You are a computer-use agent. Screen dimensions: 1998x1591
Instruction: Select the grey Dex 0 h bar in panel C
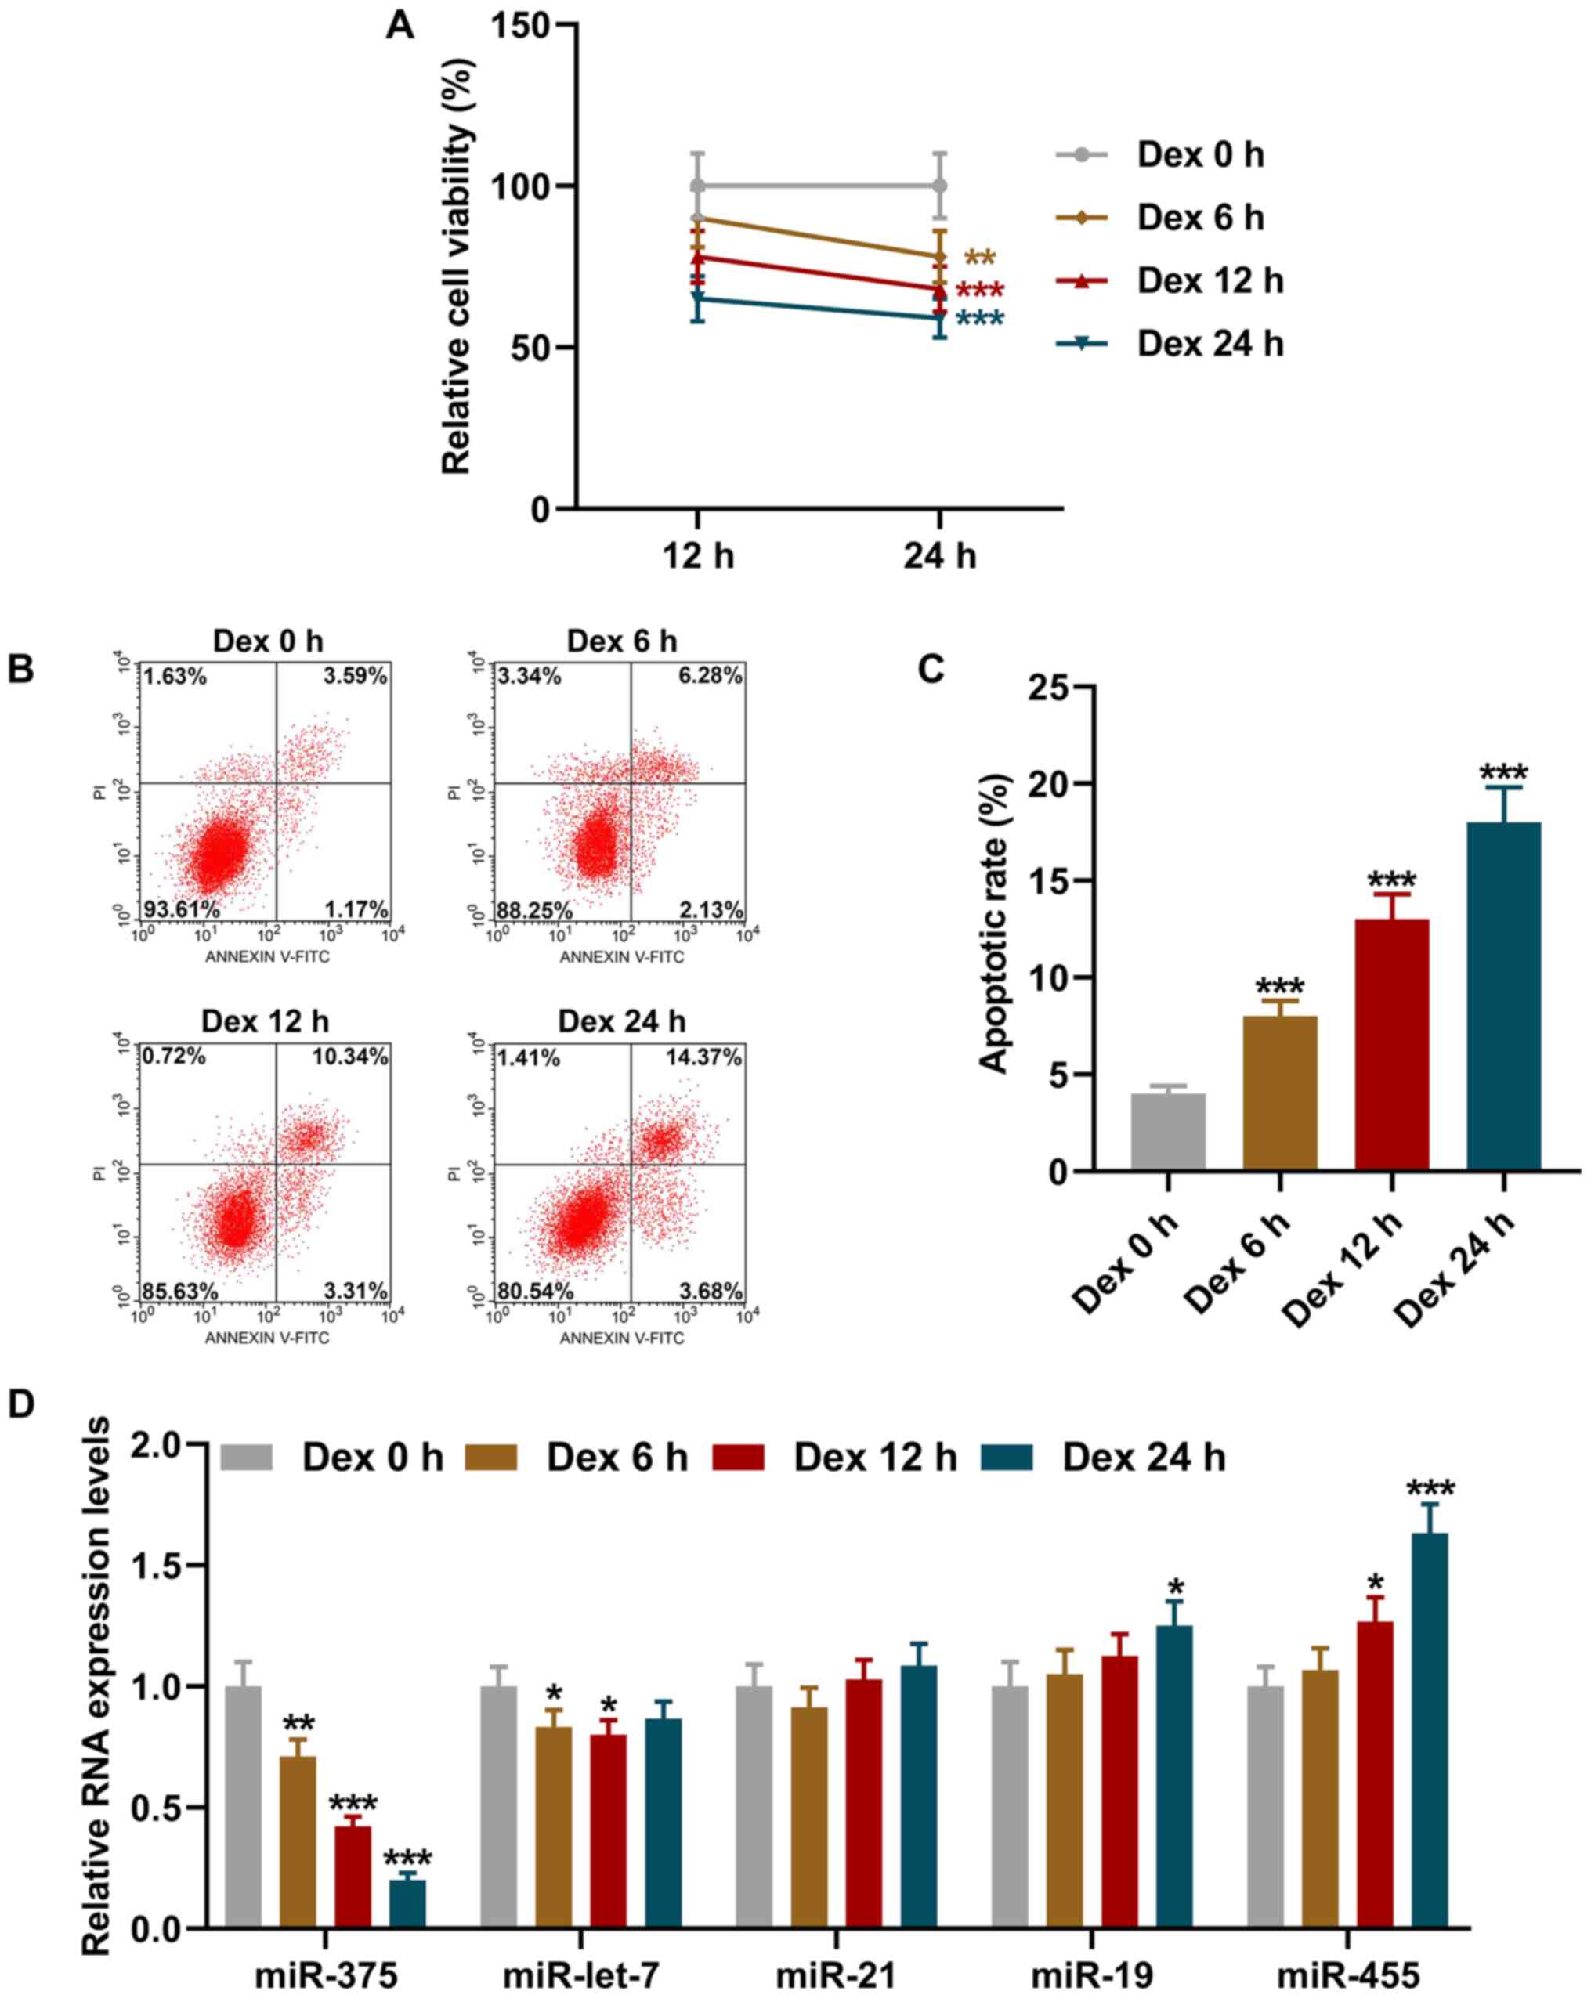tap(1167, 1132)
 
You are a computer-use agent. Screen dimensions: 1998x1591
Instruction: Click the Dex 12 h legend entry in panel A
tap(1210, 281)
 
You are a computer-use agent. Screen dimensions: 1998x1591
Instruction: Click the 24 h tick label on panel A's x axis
tap(939, 556)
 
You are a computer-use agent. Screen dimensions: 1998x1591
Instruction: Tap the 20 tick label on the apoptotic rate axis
tap(1050, 784)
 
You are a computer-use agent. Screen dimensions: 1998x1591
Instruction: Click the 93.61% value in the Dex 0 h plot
tap(181, 909)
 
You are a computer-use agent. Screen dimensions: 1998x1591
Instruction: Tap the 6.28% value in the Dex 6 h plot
tap(710, 676)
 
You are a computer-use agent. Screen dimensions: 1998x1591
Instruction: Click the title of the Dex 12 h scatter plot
tap(265, 1021)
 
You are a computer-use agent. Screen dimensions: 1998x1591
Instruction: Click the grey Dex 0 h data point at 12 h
tap(698, 186)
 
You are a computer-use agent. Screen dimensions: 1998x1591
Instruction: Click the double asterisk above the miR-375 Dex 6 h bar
tap(298, 1724)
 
